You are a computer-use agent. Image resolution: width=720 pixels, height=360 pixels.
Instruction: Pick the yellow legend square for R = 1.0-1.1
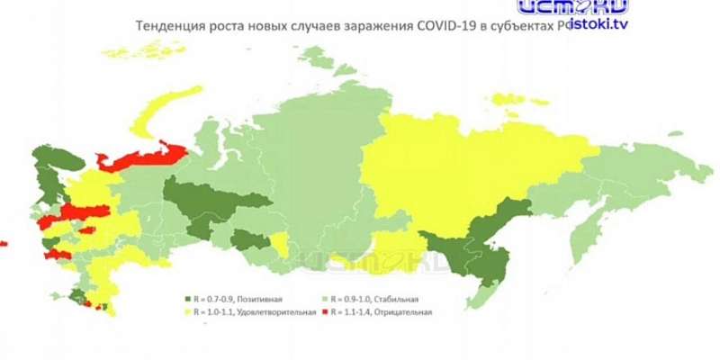187,312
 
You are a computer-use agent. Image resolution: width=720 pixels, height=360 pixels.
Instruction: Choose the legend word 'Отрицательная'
404,312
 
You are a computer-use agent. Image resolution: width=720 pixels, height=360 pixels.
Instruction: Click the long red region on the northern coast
144,157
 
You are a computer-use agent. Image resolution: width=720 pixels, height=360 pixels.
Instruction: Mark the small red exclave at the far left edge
3,243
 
